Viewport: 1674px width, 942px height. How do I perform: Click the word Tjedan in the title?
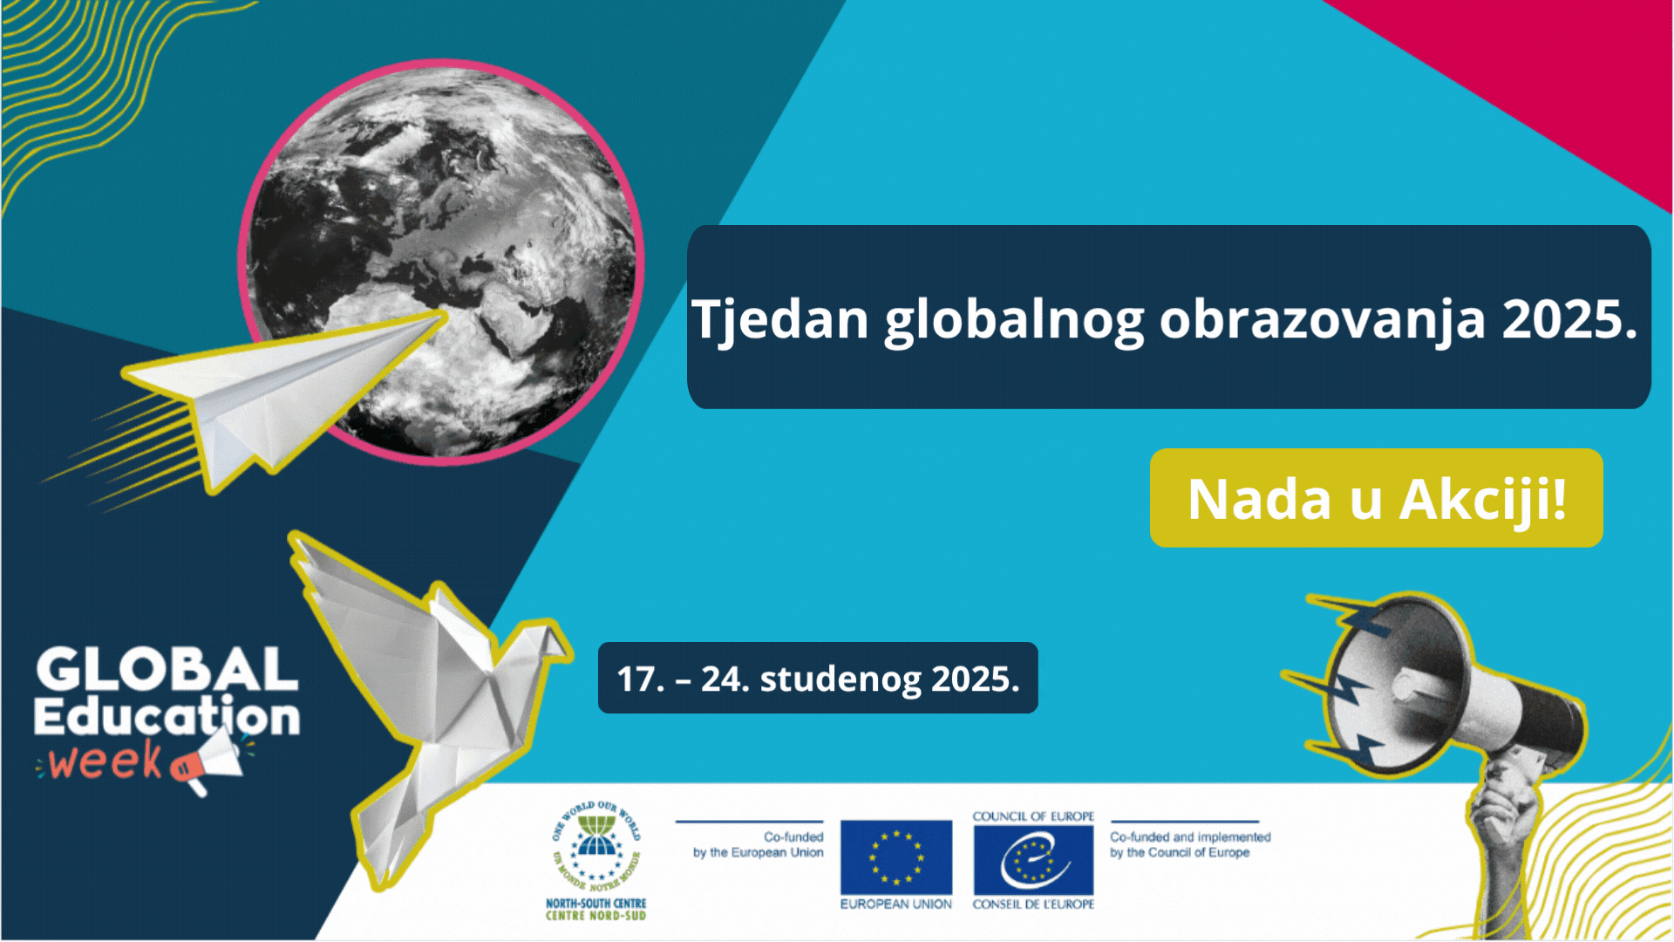tap(780, 320)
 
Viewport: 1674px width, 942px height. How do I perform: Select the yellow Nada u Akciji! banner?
tap(1376, 498)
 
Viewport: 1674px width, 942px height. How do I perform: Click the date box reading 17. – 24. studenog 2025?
tap(818, 678)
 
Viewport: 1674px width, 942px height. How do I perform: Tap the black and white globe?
tap(441, 262)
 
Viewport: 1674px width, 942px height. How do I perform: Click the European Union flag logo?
tap(896, 857)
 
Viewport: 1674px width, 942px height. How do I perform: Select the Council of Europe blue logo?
tap(1033, 860)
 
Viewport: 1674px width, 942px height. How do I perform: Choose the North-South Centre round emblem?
tap(596, 844)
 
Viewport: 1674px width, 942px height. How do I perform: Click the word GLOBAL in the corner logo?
tap(167, 670)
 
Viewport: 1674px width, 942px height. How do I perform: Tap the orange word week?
tap(105, 761)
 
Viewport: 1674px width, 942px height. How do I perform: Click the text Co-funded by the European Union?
tap(759, 844)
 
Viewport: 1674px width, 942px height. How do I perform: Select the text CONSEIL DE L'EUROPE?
tap(1033, 904)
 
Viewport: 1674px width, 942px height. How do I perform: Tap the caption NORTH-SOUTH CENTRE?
tap(596, 904)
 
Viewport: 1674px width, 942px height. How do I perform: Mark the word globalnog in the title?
tap(1014, 320)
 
